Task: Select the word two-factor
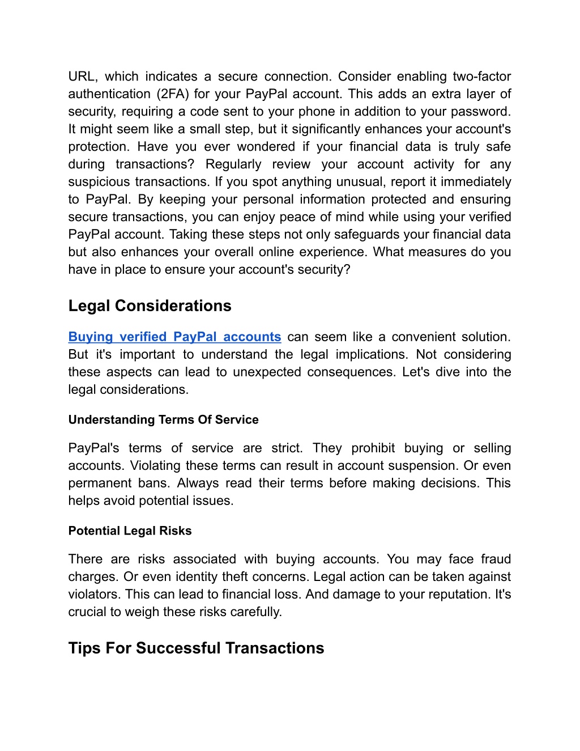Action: pyautogui.click(x=482, y=77)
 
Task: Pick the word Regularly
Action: pyautogui.click(x=233, y=164)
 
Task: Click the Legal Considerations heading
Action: pyautogui.click(x=150, y=306)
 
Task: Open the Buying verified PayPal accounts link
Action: pyautogui.click(x=174, y=337)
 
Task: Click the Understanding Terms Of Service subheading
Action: pyautogui.click(x=163, y=420)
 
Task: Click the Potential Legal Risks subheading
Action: pyautogui.click(x=130, y=531)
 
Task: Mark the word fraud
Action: pyautogui.click(x=496, y=559)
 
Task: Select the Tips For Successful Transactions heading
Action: pyautogui.click(x=196, y=648)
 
